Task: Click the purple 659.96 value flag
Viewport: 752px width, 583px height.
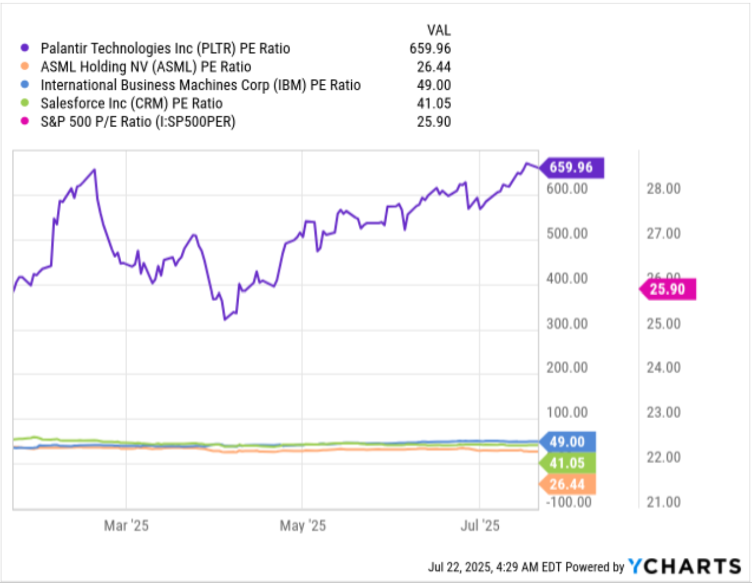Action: (x=572, y=167)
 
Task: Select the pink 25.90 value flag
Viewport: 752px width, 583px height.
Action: (x=668, y=289)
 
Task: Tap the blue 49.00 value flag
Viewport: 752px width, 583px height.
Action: (x=567, y=442)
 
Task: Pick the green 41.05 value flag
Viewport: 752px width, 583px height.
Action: (x=567, y=463)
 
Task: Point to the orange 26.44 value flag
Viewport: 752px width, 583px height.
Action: (x=567, y=484)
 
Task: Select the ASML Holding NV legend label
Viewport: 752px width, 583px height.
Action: (x=146, y=67)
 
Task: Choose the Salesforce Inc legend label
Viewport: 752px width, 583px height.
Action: (x=131, y=103)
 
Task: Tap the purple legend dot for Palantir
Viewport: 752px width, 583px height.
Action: (x=25, y=48)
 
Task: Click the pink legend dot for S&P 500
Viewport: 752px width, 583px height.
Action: (x=25, y=121)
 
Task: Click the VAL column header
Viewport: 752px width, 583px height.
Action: (x=439, y=30)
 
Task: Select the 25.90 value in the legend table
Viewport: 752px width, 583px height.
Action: (x=434, y=121)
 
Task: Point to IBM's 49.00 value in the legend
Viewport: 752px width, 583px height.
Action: (x=434, y=85)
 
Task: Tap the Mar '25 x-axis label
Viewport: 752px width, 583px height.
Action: (x=126, y=525)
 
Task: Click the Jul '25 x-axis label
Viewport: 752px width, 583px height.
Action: (x=480, y=525)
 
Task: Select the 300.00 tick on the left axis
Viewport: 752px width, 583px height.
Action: (x=567, y=324)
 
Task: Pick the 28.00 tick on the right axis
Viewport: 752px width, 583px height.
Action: (x=663, y=188)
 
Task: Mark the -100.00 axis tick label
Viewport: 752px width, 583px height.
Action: (x=569, y=502)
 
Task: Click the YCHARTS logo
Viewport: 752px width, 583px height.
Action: (x=685, y=566)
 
